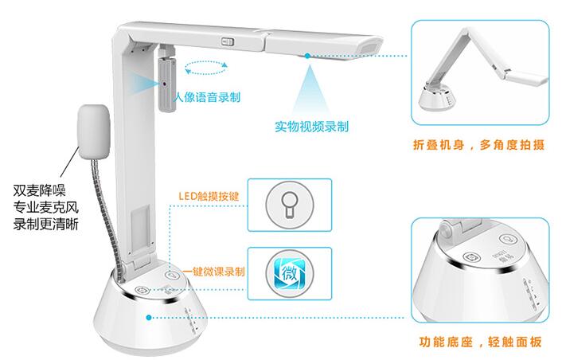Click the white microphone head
click(x=93, y=131)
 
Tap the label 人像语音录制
click(x=207, y=97)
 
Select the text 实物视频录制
click(x=311, y=126)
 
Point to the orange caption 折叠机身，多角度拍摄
click(x=479, y=145)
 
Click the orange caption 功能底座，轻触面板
click(x=480, y=342)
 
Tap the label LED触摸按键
click(x=209, y=196)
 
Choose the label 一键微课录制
click(x=214, y=272)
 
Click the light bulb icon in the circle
click(x=289, y=205)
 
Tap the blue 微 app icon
click(x=290, y=274)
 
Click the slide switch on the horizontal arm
click(x=228, y=41)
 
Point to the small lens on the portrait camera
click(x=165, y=84)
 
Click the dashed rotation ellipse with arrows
click(x=206, y=68)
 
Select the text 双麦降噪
click(x=40, y=190)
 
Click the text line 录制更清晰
click(x=46, y=224)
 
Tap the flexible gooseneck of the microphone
click(x=106, y=212)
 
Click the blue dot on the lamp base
click(x=149, y=317)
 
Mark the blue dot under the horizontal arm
click(x=307, y=56)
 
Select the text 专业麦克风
click(x=46, y=207)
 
